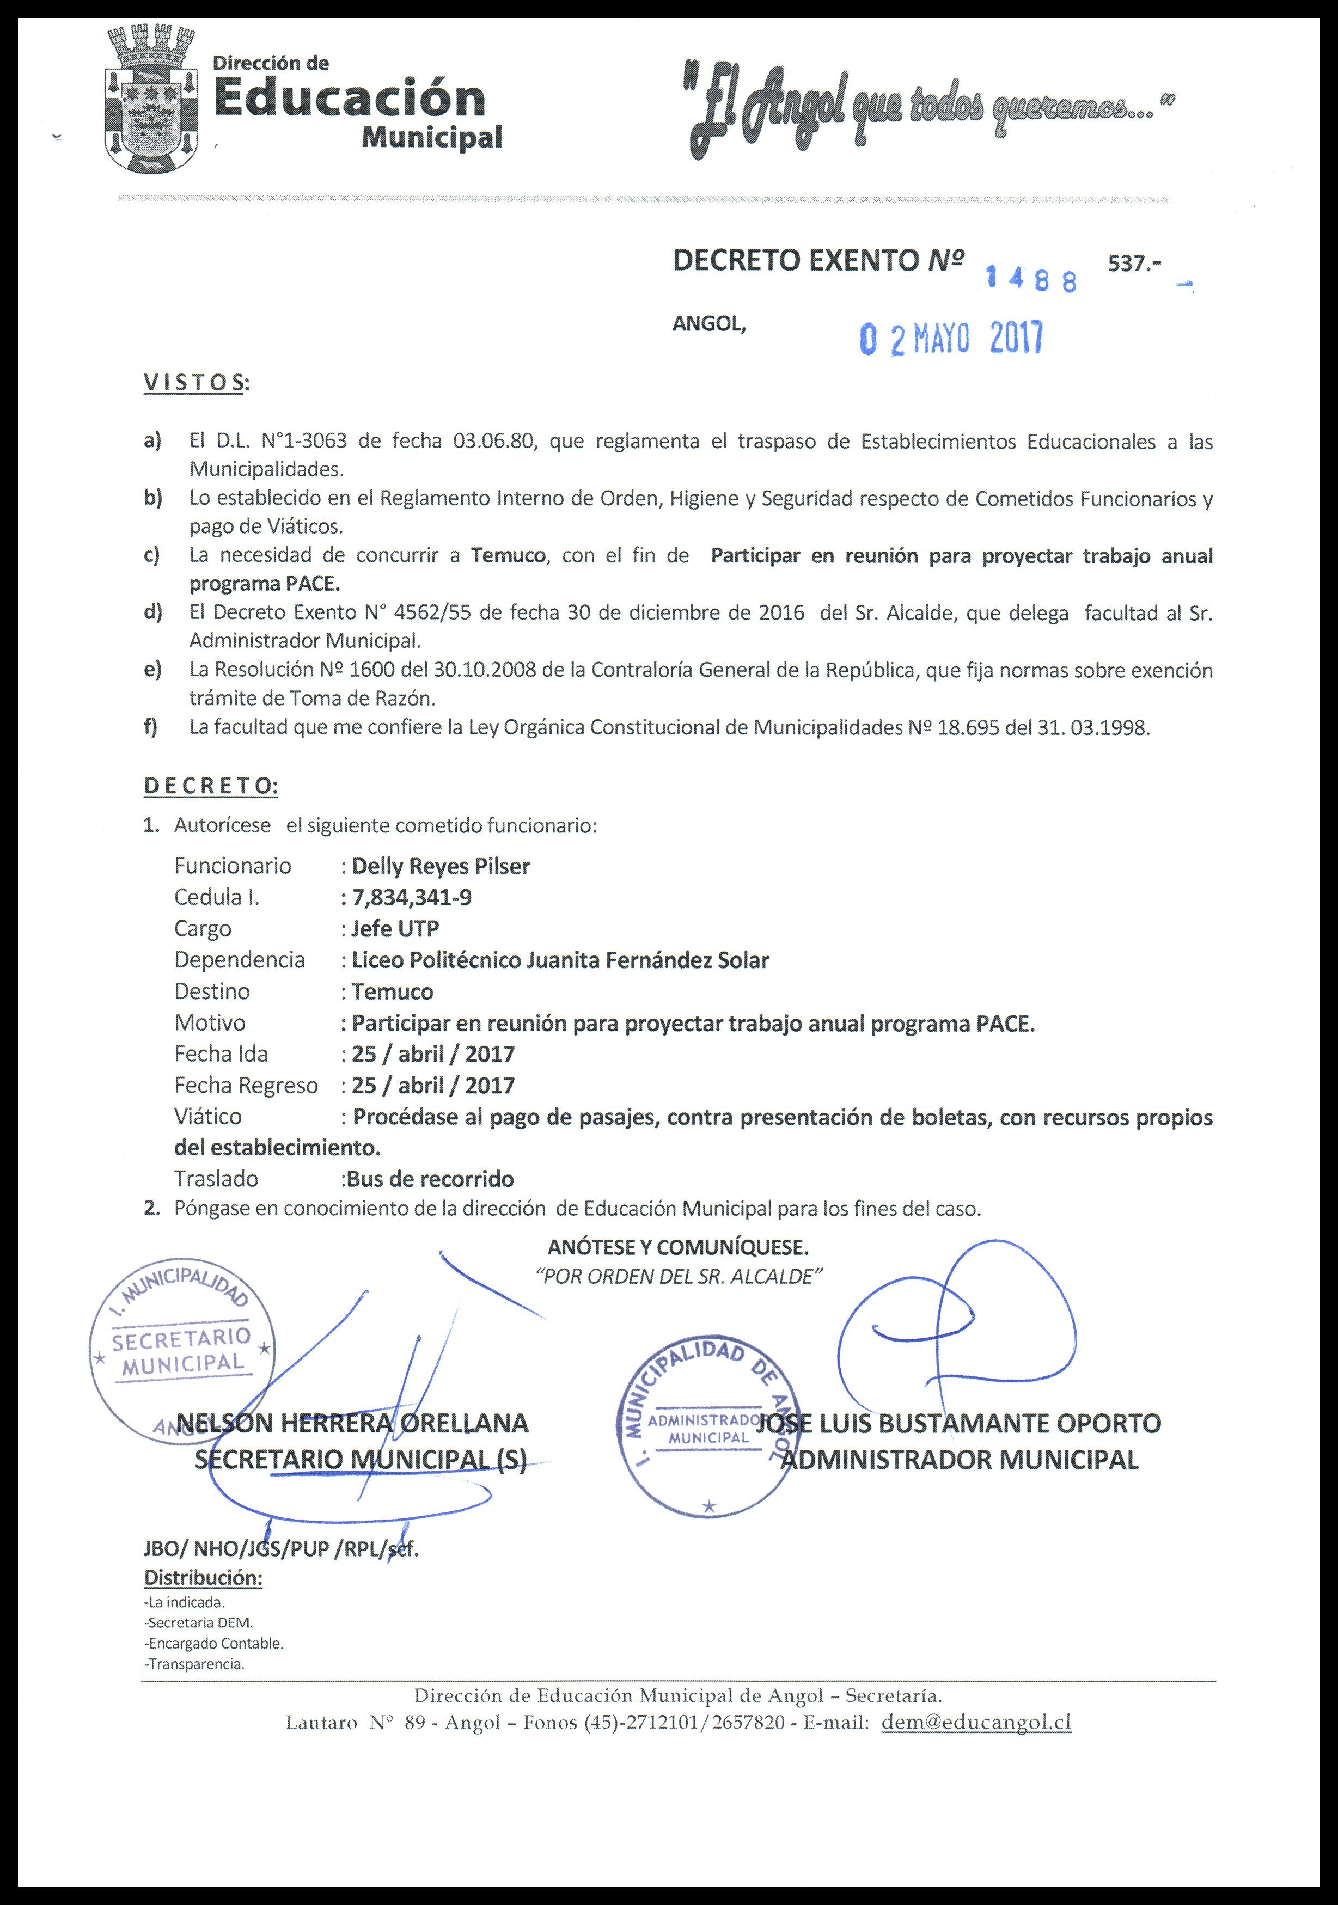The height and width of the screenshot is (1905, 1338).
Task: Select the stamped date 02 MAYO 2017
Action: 951,339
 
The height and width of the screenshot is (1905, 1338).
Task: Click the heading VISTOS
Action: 196,383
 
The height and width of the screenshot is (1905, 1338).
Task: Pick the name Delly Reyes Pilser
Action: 441,866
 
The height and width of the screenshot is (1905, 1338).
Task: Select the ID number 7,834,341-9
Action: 412,898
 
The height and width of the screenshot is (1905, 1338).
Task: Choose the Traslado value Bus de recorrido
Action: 430,1179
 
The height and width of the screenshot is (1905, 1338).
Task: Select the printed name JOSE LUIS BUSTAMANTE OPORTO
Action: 960,1423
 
